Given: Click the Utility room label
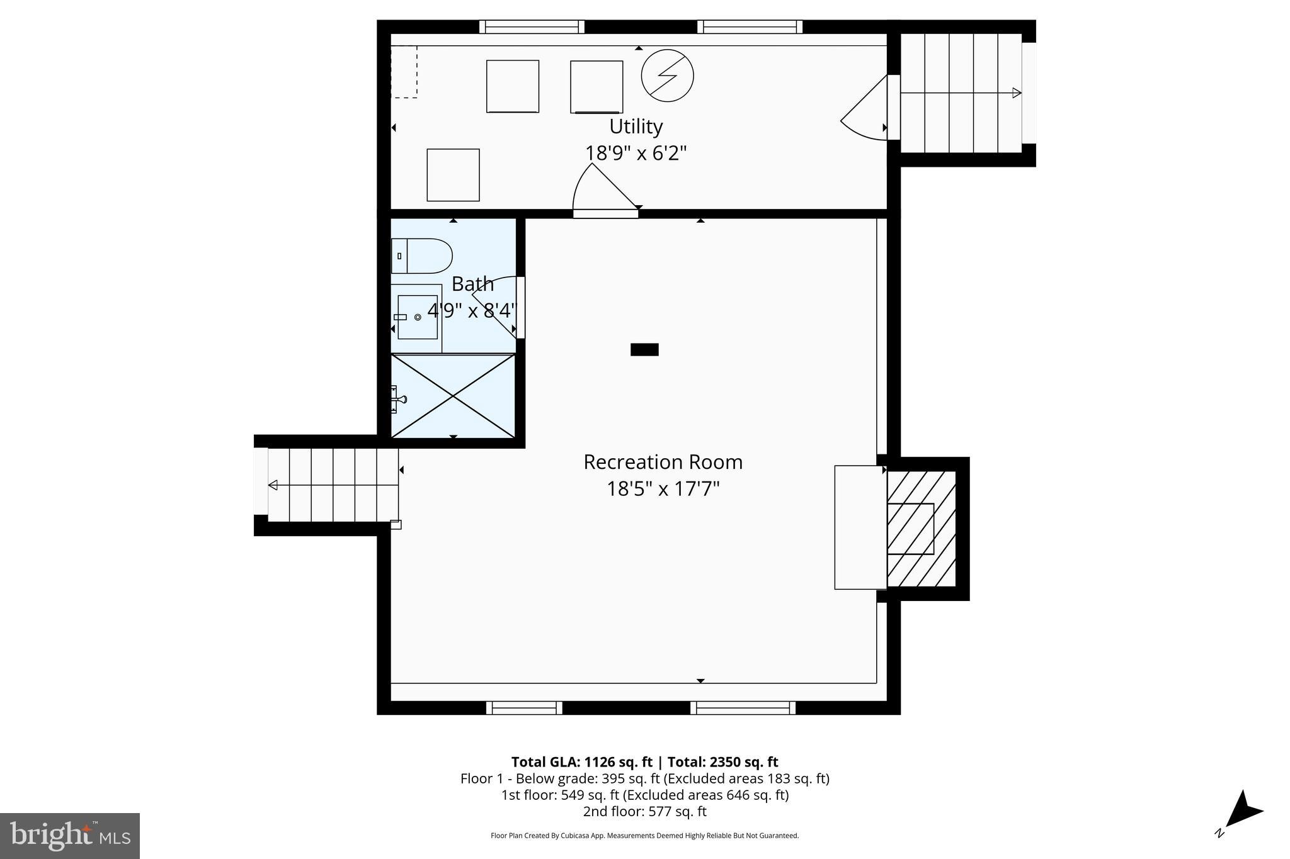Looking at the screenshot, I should (x=636, y=126).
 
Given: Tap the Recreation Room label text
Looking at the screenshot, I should (x=663, y=462).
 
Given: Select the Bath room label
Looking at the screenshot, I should (x=472, y=284).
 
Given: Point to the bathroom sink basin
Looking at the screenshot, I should (x=418, y=317).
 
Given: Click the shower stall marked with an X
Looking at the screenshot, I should (x=453, y=396).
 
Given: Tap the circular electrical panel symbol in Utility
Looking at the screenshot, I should (x=667, y=76).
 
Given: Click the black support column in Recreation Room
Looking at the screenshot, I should (x=644, y=350).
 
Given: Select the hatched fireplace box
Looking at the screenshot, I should (x=921, y=529).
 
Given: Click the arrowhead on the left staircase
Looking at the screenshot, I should (x=273, y=485).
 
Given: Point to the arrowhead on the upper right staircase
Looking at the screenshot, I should (x=1016, y=93).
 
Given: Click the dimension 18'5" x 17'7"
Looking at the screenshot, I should (x=663, y=489).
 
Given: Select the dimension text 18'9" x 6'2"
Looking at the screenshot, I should (x=636, y=153).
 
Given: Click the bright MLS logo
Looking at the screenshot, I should (x=70, y=836).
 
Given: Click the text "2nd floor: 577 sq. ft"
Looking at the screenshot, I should (x=644, y=811).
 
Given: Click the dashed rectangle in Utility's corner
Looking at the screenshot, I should (x=404, y=72).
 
